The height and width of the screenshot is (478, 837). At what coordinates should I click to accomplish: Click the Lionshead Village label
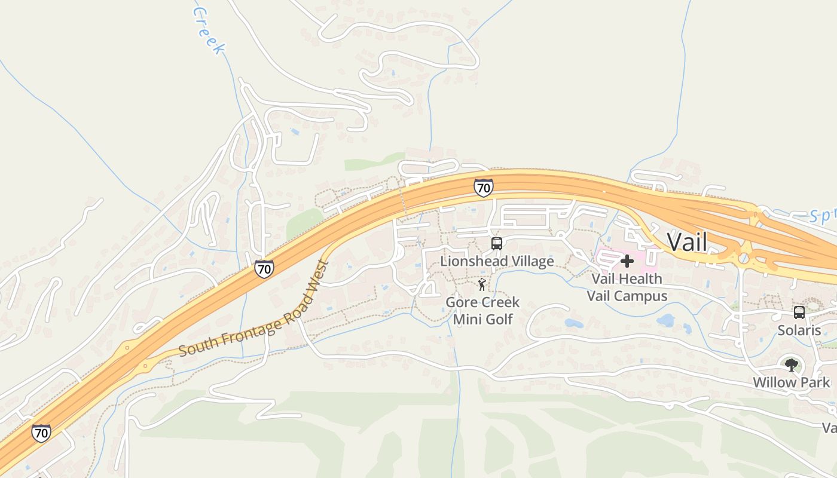tap(497, 262)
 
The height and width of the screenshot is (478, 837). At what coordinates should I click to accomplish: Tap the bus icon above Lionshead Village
tap(497, 244)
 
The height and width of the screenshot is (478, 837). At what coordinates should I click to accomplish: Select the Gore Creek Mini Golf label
tap(482, 311)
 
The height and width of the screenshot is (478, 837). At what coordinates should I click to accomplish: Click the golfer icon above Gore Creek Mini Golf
tap(482, 284)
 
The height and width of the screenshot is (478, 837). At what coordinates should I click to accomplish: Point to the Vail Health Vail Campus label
tap(627, 287)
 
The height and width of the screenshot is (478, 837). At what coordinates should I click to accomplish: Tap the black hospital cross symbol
tap(627, 261)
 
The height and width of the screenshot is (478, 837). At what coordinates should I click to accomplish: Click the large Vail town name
tap(687, 242)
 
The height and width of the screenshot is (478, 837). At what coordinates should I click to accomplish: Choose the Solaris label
tap(799, 330)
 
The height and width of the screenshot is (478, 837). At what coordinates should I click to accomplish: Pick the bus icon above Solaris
tap(799, 312)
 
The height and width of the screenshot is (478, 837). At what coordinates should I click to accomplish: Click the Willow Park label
tap(792, 382)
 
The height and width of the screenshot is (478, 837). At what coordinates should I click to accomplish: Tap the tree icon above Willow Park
tap(792, 364)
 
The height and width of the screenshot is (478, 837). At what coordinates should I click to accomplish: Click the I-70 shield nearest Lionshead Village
tap(483, 188)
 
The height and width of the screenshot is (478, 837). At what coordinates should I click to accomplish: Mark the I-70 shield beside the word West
tap(264, 269)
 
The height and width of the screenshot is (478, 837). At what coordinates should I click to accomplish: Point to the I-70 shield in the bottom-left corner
tap(41, 433)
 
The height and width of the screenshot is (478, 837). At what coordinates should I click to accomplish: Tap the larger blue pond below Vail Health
tap(665, 321)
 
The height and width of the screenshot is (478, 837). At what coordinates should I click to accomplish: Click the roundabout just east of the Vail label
tap(743, 258)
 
